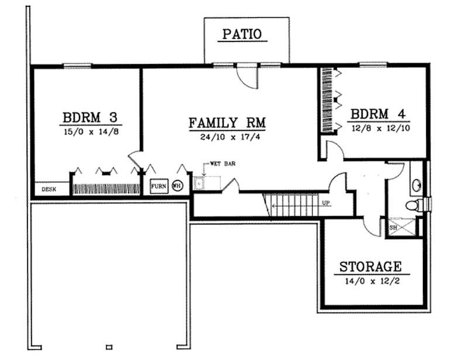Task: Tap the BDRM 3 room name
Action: coord(91,116)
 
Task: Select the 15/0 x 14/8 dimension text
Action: coord(91,132)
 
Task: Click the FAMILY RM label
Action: coord(227,123)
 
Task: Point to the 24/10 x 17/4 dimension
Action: coord(227,139)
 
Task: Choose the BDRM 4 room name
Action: coord(377,113)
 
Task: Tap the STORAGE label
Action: coord(371,267)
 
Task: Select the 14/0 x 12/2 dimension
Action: coord(371,281)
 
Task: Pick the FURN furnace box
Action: coord(159,186)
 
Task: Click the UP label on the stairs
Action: coord(326,203)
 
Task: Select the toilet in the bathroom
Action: coord(414,206)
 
